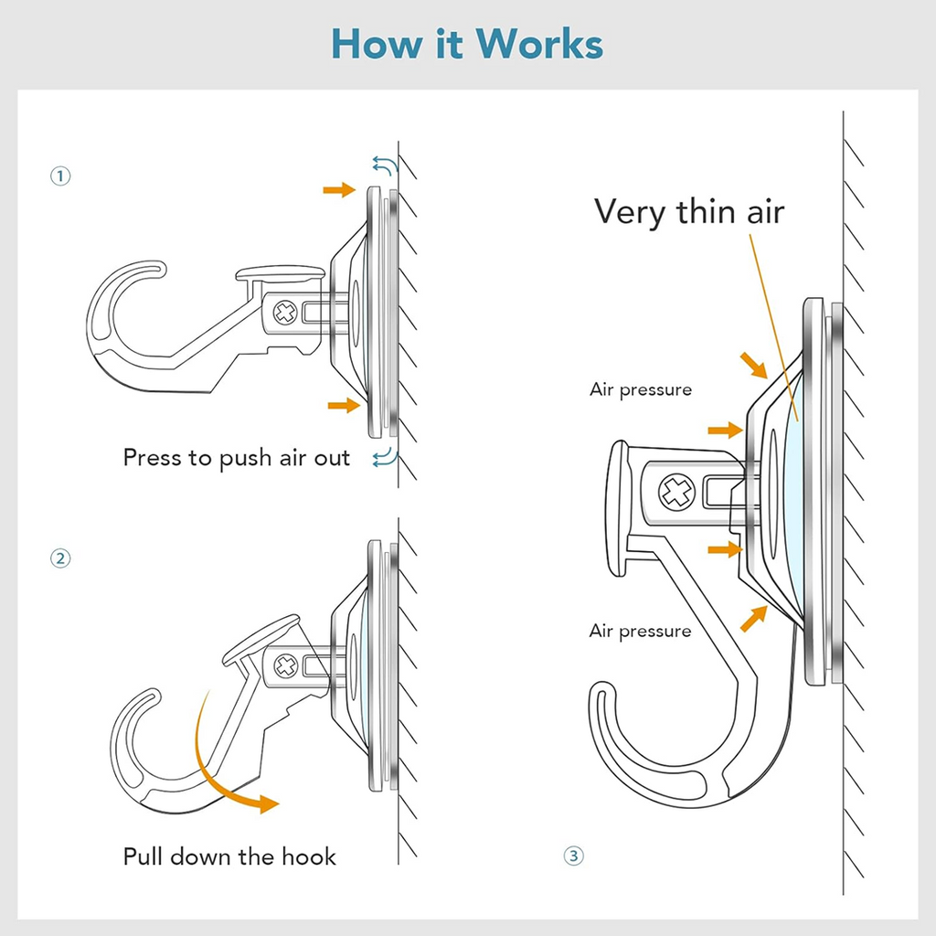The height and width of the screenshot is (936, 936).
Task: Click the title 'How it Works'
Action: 467,43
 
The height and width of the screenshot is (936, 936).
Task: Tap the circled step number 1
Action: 60,176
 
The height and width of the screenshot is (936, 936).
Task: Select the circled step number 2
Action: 60,558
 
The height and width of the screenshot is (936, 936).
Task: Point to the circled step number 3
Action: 573,856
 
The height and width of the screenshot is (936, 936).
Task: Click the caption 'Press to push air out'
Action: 237,457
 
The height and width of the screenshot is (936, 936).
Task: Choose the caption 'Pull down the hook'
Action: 229,856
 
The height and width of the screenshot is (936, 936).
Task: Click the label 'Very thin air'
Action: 689,211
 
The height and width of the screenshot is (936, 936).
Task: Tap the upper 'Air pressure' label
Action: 641,389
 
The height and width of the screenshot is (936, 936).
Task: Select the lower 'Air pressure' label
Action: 641,631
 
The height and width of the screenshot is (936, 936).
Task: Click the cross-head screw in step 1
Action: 285,314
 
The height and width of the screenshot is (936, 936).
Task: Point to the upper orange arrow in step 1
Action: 339,189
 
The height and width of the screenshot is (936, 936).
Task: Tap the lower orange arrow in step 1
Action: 344,405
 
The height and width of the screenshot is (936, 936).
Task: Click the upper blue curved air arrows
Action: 384,165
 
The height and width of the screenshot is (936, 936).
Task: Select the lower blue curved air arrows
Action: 384,457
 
